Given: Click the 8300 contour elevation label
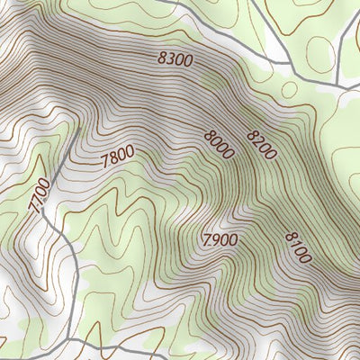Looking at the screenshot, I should [175, 59].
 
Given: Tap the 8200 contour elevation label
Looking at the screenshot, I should [261, 143].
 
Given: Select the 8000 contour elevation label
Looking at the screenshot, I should [219, 145].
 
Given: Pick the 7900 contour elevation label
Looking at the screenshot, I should [220, 240].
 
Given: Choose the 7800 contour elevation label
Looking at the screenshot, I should [118, 157].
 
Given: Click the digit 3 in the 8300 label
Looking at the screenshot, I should [170, 58].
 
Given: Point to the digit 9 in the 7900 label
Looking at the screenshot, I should [217, 240].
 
